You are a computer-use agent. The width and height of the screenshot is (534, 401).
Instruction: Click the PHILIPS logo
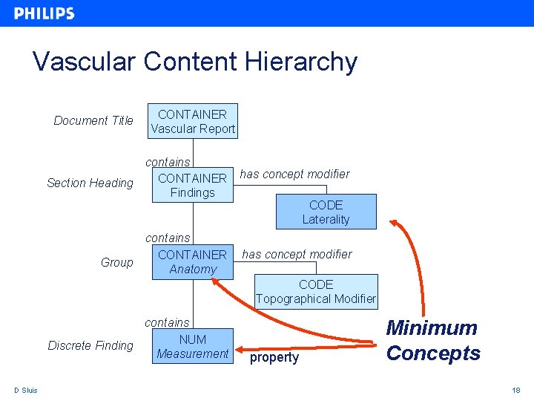pyautogui.click(x=44, y=13)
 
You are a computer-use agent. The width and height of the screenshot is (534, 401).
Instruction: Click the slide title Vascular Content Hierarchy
pyautogui.click(x=194, y=62)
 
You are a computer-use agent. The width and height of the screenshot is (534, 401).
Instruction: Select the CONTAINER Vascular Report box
pyautogui.click(x=193, y=121)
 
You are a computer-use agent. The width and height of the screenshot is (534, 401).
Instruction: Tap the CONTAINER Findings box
pyautogui.click(x=192, y=185)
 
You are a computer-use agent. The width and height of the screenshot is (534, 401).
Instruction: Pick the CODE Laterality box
pyautogui.click(x=326, y=212)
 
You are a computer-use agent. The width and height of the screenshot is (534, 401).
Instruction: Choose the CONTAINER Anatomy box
pyautogui.click(x=192, y=262)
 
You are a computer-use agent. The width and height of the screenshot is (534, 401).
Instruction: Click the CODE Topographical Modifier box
pyautogui.click(x=316, y=291)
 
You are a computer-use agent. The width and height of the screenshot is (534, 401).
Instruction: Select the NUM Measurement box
pyautogui.click(x=193, y=347)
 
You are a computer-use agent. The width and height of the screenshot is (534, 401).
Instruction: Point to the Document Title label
pyautogui.click(x=93, y=120)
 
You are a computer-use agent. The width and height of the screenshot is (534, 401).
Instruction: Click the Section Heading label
pyautogui.click(x=90, y=183)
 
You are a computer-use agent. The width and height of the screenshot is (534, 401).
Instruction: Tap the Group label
pyautogui.click(x=116, y=262)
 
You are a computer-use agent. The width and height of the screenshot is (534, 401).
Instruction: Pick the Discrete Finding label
pyautogui.click(x=90, y=345)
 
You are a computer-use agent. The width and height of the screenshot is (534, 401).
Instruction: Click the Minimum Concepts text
pyautogui.click(x=433, y=340)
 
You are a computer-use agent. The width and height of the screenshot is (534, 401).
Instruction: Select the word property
pyautogui.click(x=274, y=358)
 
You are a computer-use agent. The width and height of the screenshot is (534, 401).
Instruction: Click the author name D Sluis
pyautogui.click(x=26, y=391)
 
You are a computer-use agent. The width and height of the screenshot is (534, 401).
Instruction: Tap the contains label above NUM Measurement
pyautogui.click(x=168, y=322)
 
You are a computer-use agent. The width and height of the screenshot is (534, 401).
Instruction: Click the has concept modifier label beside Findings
pyautogui.click(x=295, y=174)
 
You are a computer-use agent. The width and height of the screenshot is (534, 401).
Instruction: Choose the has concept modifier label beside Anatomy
pyautogui.click(x=297, y=254)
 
